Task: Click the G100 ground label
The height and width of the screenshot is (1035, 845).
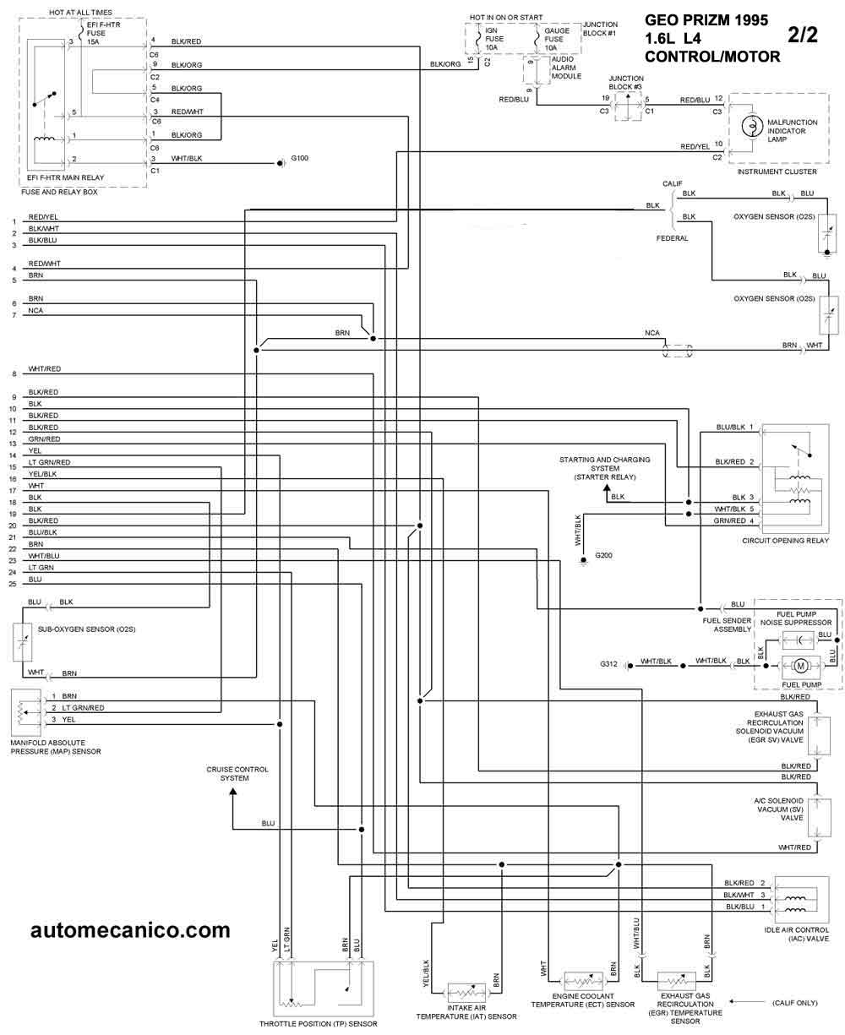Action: point(300,158)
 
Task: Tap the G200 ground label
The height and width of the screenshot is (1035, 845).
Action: point(604,555)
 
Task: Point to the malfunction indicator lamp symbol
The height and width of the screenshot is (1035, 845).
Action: point(749,126)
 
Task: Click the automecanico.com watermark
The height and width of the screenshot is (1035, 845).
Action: point(130,930)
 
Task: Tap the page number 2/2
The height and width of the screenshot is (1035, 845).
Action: point(806,35)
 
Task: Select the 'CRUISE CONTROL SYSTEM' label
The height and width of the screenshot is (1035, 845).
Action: point(237,773)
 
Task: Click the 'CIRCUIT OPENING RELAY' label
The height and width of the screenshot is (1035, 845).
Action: point(785,541)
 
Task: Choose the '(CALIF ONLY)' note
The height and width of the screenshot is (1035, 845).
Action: point(794,1003)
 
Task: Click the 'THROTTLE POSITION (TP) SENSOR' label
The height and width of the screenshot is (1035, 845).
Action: point(319,1024)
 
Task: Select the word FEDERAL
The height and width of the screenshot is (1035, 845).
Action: point(673,238)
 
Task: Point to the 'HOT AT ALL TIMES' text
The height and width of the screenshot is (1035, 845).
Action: point(80,13)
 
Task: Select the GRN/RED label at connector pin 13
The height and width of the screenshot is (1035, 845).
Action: point(44,439)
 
